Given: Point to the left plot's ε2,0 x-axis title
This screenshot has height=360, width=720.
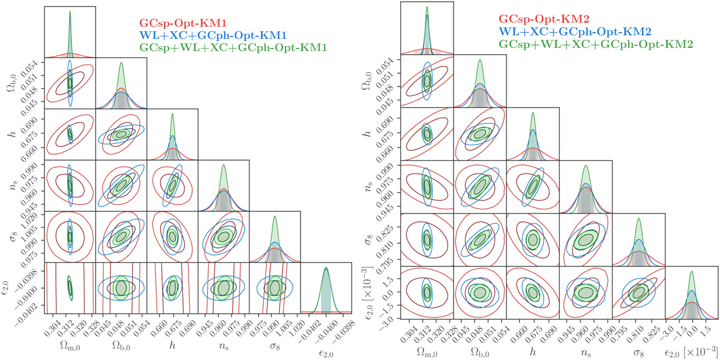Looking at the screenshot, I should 326,348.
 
